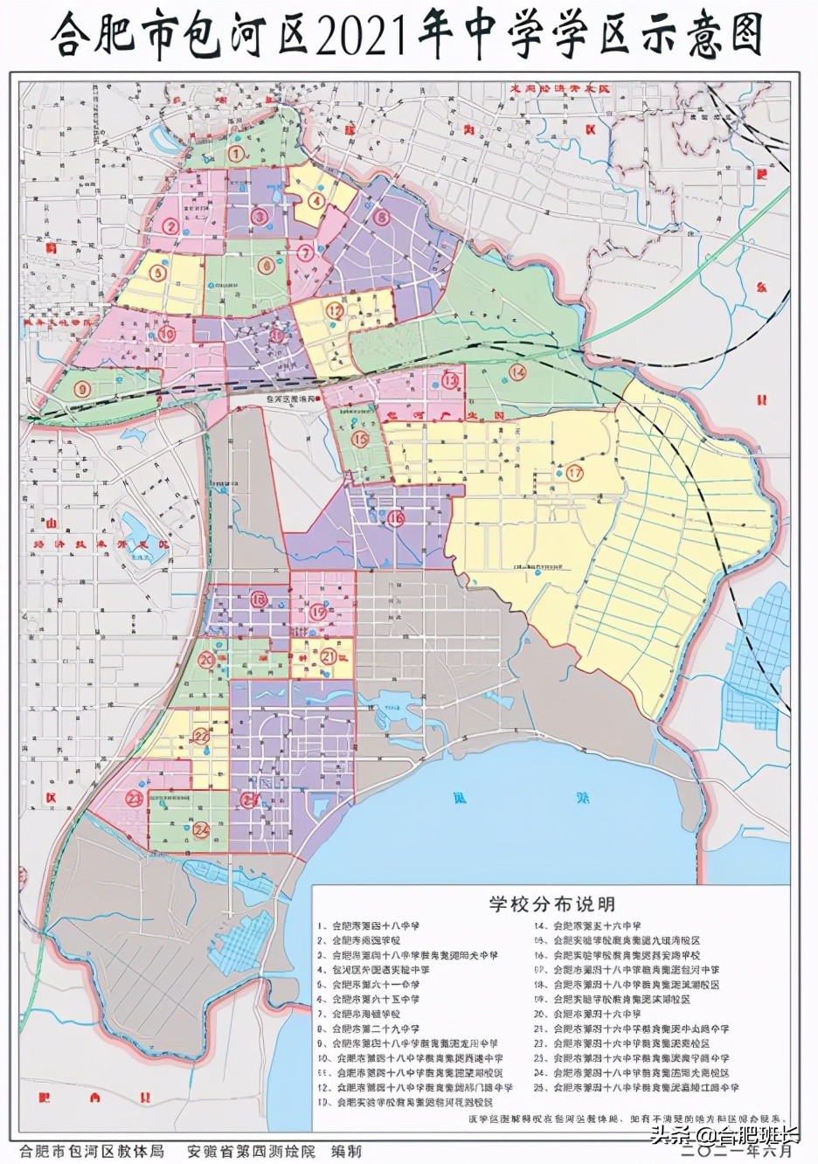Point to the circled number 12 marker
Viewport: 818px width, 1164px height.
[x=334, y=310]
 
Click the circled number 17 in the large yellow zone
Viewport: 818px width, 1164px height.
[x=574, y=473]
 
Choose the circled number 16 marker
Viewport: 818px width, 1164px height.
[x=397, y=518]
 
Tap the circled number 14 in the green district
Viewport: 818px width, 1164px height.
[x=518, y=373]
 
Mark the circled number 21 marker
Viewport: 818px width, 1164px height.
[x=329, y=656]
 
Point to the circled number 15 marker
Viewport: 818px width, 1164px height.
[x=359, y=440]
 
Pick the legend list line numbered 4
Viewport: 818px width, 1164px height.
[x=377, y=969]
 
